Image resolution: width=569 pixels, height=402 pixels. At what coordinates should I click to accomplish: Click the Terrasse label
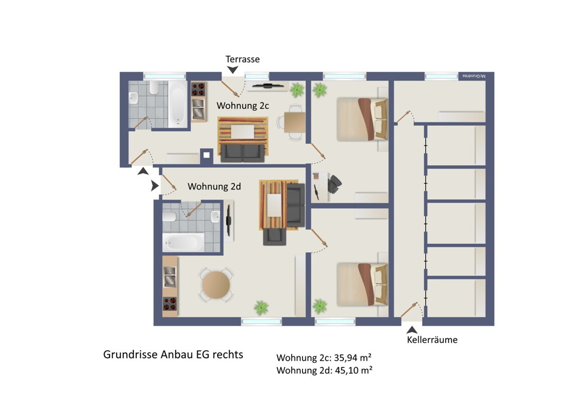click(x=242, y=59)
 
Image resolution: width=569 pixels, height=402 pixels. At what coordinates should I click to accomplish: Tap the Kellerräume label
click(x=432, y=340)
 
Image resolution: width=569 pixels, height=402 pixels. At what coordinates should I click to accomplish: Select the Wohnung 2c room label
click(x=243, y=106)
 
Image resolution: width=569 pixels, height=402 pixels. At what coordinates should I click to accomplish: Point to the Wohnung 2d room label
click(x=214, y=186)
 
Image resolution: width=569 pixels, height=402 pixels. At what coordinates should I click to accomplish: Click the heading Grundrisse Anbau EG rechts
click(x=173, y=354)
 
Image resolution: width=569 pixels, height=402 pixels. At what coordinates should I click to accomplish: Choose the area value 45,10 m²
click(x=353, y=370)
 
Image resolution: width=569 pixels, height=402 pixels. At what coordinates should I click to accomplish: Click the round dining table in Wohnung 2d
click(x=216, y=285)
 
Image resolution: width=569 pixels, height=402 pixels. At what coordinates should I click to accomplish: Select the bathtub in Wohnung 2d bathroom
click(x=183, y=242)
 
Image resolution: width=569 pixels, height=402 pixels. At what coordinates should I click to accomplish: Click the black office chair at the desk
click(x=335, y=184)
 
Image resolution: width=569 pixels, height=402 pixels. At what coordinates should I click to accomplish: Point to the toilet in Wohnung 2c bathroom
click(x=154, y=87)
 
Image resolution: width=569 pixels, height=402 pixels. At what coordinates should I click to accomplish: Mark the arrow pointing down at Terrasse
click(x=232, y=70)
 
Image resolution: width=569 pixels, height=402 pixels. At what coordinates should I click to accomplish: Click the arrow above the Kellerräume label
click(x=412, y=330)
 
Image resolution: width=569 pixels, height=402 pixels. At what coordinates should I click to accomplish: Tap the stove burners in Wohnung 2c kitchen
click(x=198, y=89)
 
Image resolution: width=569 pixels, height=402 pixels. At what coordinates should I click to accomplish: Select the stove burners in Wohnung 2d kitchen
click(x=169, y=304)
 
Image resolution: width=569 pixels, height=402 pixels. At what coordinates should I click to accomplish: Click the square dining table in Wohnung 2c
click(x=295, y=123)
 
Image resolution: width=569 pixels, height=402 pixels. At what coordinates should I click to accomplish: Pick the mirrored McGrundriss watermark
click(x=473, y=76)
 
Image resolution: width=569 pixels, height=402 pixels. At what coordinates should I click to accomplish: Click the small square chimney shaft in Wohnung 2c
click(x=207, y=155)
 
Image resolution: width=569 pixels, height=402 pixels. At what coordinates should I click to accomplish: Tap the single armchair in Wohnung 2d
click(x=275, y=237)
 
